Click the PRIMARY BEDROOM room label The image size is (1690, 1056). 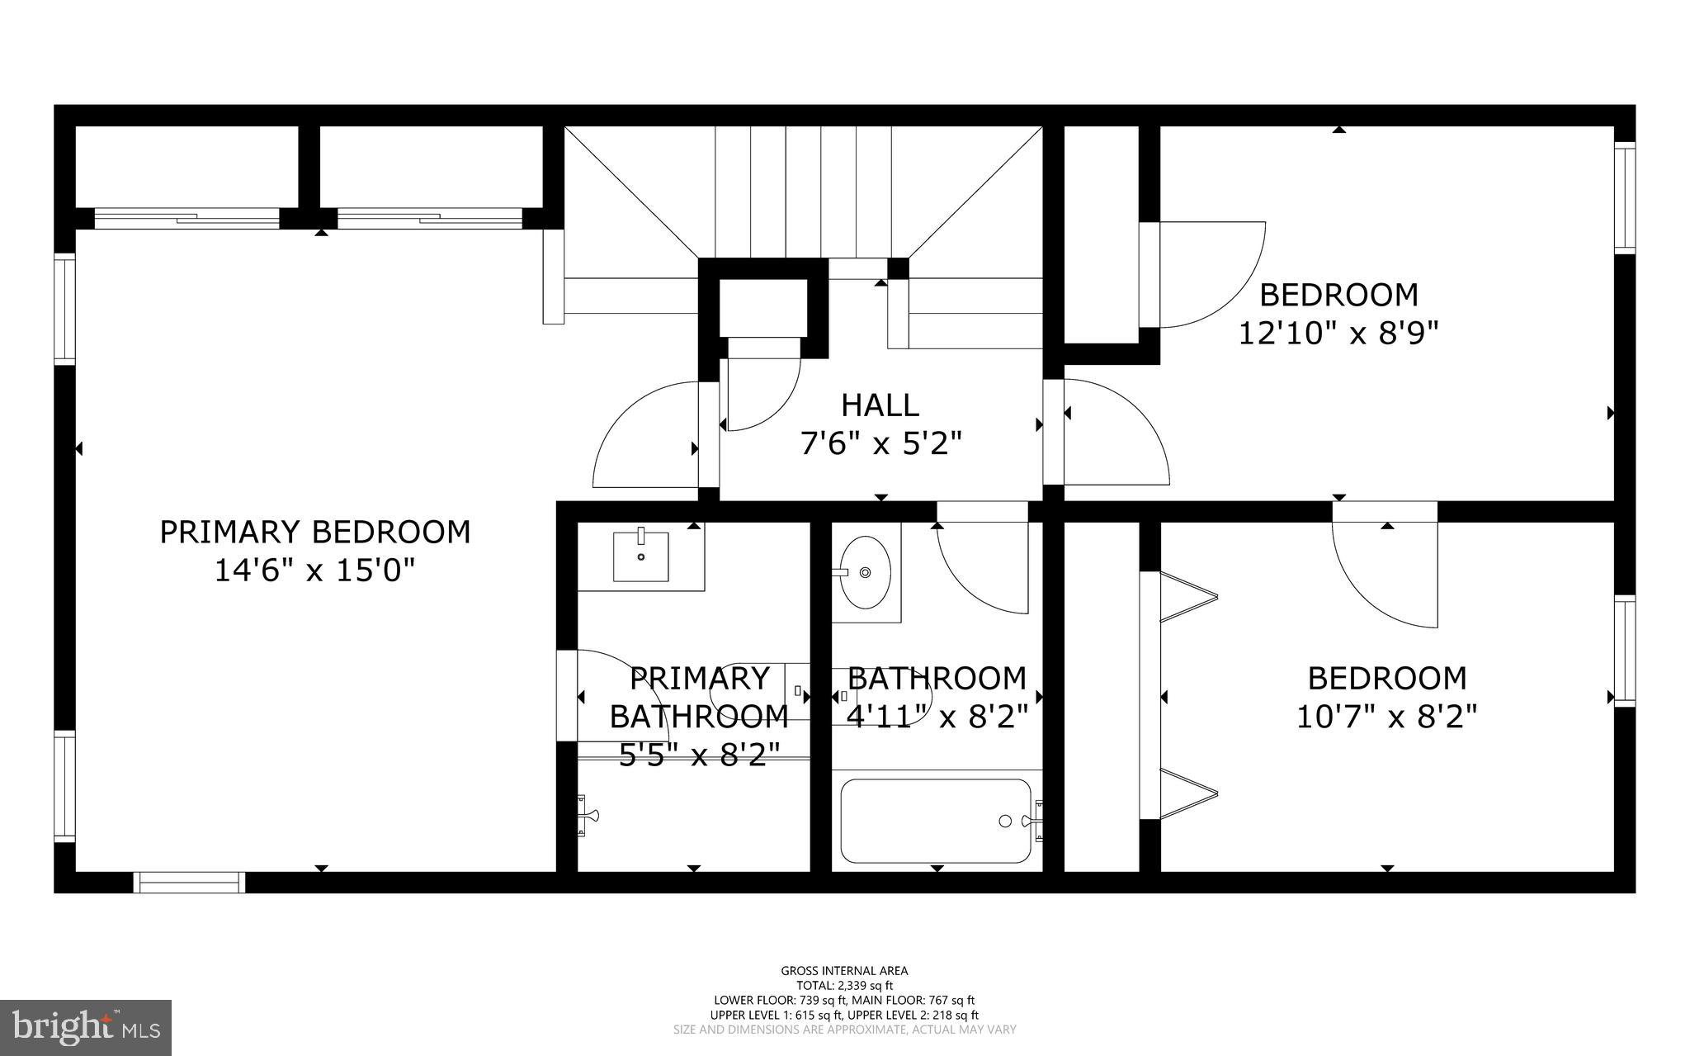(314, 533)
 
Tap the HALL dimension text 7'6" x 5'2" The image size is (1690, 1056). (881, 445)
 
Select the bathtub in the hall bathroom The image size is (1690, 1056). (936, 821)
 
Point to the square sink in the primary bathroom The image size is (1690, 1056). (641, 556)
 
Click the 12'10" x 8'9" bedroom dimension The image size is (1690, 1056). (1338, 334)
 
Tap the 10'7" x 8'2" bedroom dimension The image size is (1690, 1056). (1386, 717)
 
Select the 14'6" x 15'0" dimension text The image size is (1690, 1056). (314, 571)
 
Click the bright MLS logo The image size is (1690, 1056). (86, 1027)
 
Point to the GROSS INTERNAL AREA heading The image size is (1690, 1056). (844, 971)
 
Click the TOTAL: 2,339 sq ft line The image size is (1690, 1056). (844, 985)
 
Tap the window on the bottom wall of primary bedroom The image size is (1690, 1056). (190, 882)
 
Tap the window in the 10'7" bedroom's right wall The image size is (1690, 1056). (1624, 651)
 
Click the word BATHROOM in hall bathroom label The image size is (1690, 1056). (937, 679)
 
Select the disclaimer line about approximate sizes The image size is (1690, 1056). (844, 1030)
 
